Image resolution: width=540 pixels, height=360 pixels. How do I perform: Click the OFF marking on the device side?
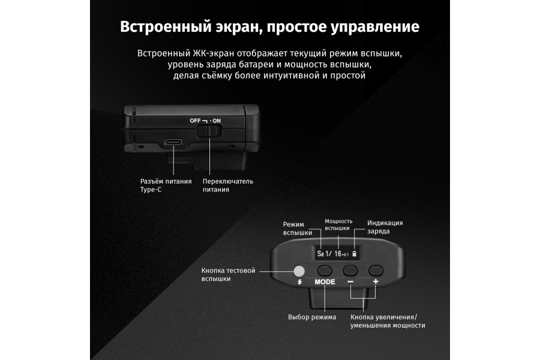point(195,121)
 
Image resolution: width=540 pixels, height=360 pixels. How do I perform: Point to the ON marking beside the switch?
point(216,121)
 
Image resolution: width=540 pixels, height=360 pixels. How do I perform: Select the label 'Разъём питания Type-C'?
point(166,185)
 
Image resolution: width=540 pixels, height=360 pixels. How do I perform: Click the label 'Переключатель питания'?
point(228,185)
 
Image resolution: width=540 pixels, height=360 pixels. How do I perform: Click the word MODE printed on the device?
point(325,282)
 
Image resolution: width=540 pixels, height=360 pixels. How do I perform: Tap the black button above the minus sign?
point(350,271)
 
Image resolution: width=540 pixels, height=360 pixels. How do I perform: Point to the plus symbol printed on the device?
point(376,282)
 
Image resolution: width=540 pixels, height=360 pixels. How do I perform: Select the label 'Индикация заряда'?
point(385,227)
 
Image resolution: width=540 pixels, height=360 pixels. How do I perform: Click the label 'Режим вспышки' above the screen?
point(297,229)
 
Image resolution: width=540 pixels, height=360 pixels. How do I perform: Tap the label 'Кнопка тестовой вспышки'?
point(228,275)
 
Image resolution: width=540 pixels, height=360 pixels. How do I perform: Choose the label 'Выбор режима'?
point(312,317)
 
